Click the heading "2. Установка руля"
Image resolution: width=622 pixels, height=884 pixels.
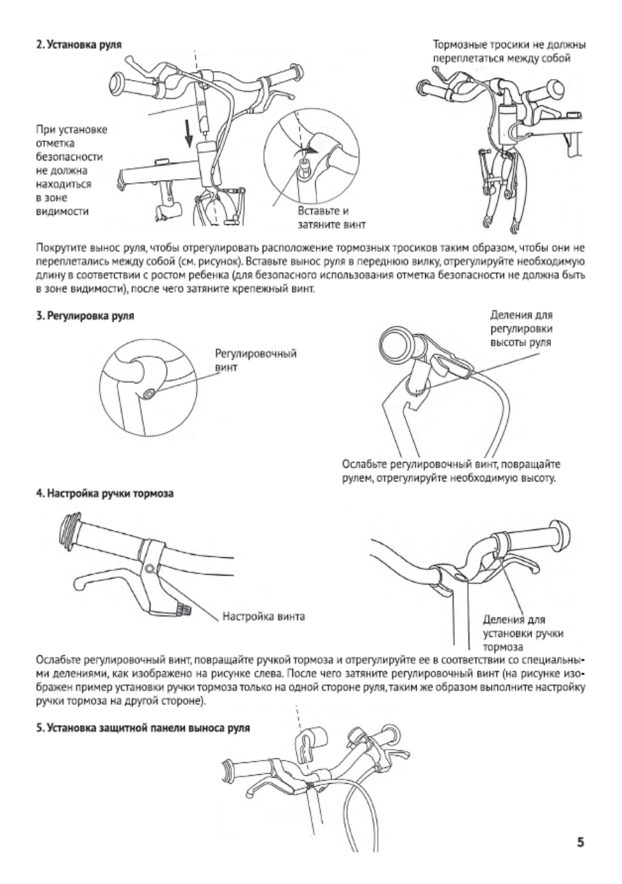[x=79, y=44]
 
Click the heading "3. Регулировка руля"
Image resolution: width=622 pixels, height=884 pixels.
[x=85, y=316]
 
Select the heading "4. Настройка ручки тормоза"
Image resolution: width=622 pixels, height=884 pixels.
[x=105, y=494]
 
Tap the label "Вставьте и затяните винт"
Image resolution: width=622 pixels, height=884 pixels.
[x=331, y=218]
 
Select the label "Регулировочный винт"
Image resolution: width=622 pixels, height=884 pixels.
[x=255, y=360]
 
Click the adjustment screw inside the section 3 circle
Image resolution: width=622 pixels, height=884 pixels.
[x=149, y=393]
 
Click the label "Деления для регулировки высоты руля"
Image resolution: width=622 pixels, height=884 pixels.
[x=521, y=329]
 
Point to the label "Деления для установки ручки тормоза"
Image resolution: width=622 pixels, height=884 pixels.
[x=523, y=634]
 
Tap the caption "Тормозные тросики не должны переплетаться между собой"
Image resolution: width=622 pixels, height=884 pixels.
[x=509, y=52]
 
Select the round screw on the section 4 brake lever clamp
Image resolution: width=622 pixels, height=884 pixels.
[x=149, y=569]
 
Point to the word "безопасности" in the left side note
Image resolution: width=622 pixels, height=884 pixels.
[x=69, y=157]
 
